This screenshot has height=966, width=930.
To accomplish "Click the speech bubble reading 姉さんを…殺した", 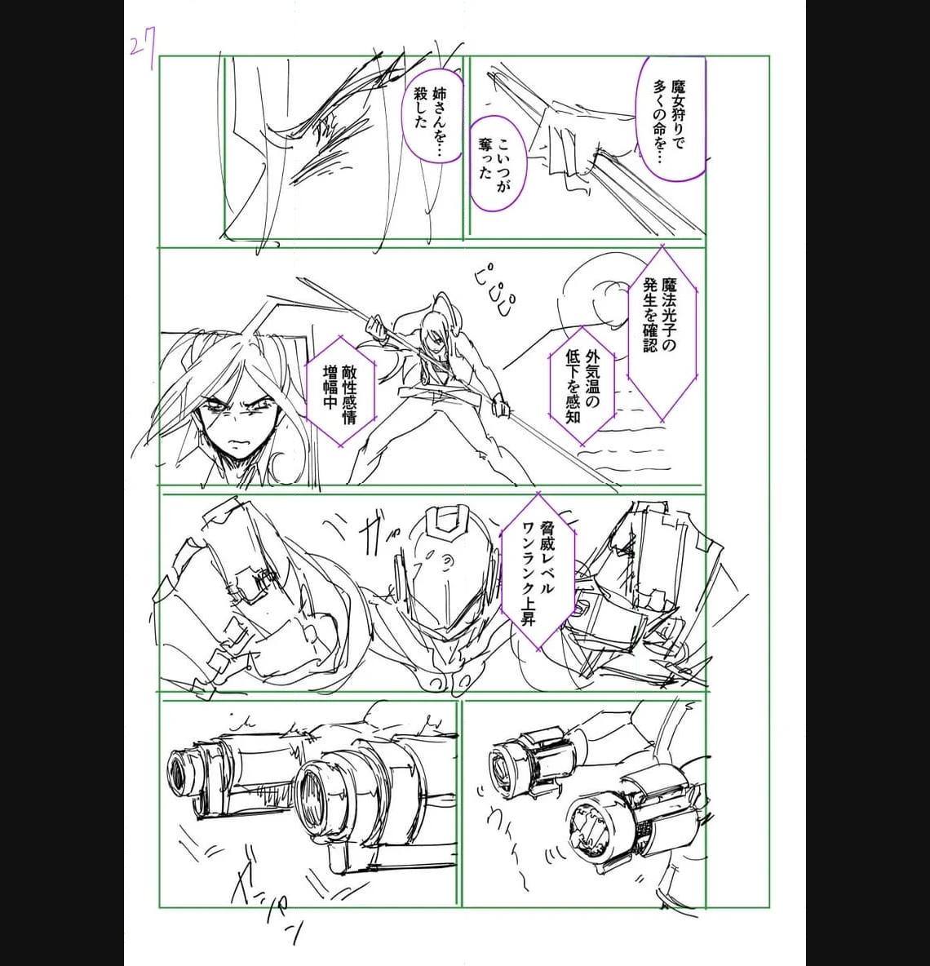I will [x=432, y=117].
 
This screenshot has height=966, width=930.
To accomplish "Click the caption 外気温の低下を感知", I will [x=582, y=385].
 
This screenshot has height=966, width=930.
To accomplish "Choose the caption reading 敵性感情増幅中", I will [x=340, y=390].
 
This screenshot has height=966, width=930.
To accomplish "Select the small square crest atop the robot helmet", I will [x=449, y=521].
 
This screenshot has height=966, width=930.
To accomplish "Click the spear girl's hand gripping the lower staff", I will [x=499, y=404].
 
